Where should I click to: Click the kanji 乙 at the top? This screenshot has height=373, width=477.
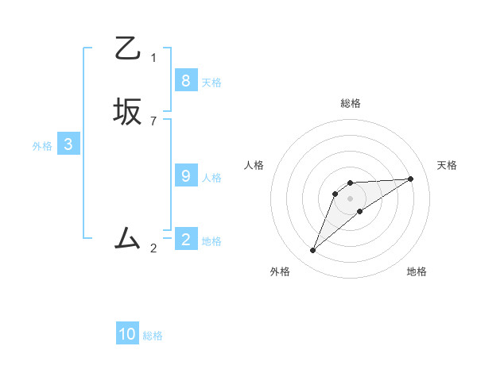(128, 49)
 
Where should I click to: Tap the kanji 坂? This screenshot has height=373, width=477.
(128, 111)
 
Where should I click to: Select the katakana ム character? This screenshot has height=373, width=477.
(128, 237)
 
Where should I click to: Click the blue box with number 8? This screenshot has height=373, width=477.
(185, 80)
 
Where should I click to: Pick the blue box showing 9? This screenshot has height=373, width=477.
(185, 176)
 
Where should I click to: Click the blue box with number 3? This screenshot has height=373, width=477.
(68, 144)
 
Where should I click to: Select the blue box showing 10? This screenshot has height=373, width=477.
(127, 334)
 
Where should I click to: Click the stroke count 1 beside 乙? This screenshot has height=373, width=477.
(153, 57)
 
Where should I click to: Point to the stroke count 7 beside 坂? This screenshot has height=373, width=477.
(153, 121)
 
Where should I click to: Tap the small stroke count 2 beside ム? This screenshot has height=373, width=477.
(153, 248)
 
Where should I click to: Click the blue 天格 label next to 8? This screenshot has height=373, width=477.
(211, 82)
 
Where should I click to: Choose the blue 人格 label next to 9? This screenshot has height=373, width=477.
(211, 178)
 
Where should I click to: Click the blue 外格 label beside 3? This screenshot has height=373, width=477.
(42, 146)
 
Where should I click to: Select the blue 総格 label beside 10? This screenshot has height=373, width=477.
(153, 336)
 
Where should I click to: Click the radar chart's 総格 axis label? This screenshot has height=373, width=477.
(351, 103)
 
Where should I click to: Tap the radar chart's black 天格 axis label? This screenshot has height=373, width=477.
(447, 165)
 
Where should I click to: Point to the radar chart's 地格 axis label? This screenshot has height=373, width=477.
(417, 271)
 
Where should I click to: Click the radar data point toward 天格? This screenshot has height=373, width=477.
(411, 179)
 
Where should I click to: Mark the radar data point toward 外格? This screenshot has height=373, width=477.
(313, 251)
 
